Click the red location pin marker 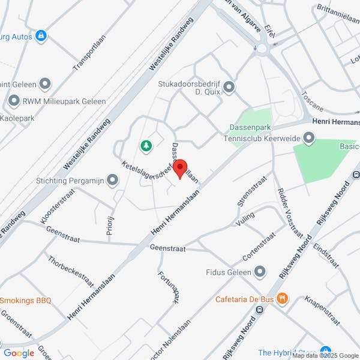tap(181, 169)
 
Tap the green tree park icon tap(145, 145)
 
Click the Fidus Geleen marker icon tap(260, 272)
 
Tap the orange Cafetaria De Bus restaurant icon tap(283, 298)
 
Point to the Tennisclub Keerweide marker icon tap(309, 139)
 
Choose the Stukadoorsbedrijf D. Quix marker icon tap(228, 88)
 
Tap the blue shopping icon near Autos tap(41, 37)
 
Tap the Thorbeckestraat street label tap(72, 272)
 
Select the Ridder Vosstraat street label tap(289, 212)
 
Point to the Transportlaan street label tap(87, 57)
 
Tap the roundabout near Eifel tap(262, 48)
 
